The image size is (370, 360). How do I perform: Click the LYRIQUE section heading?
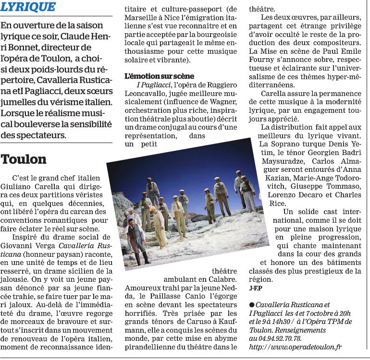(28, 7)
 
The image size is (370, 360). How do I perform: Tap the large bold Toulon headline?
(24, 159)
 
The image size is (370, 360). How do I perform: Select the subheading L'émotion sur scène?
(159, 76)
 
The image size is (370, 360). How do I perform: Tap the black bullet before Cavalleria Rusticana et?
(252, 305)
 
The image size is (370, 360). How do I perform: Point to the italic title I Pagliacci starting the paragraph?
(149, 84)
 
